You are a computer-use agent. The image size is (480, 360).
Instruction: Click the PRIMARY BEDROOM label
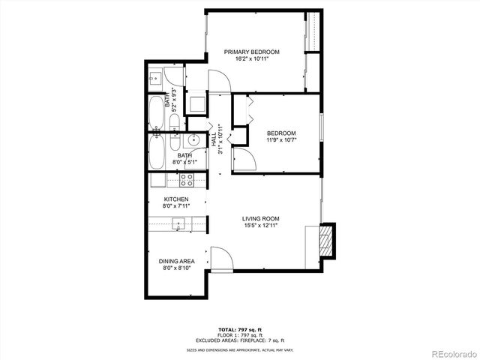point(252,52)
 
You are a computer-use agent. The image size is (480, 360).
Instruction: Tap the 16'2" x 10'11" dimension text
point(252,59)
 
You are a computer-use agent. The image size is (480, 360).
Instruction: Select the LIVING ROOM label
point(260,219)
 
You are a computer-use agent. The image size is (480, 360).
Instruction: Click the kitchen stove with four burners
point(187,180)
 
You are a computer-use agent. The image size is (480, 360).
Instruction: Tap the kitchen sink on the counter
point(178,223)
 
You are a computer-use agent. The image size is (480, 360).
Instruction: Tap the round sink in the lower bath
point(193,139)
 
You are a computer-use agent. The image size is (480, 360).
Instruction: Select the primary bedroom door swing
point(218,81)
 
